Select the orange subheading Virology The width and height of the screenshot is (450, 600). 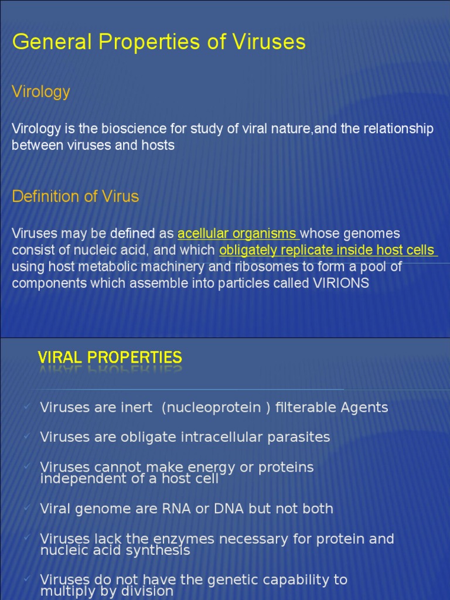click(x=41, y=91)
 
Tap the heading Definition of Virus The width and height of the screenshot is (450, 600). click(x=75, y=196)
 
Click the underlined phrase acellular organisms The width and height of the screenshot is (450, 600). click(x=237, y=234)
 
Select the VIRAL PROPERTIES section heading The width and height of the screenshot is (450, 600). click(x=110, y=357)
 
